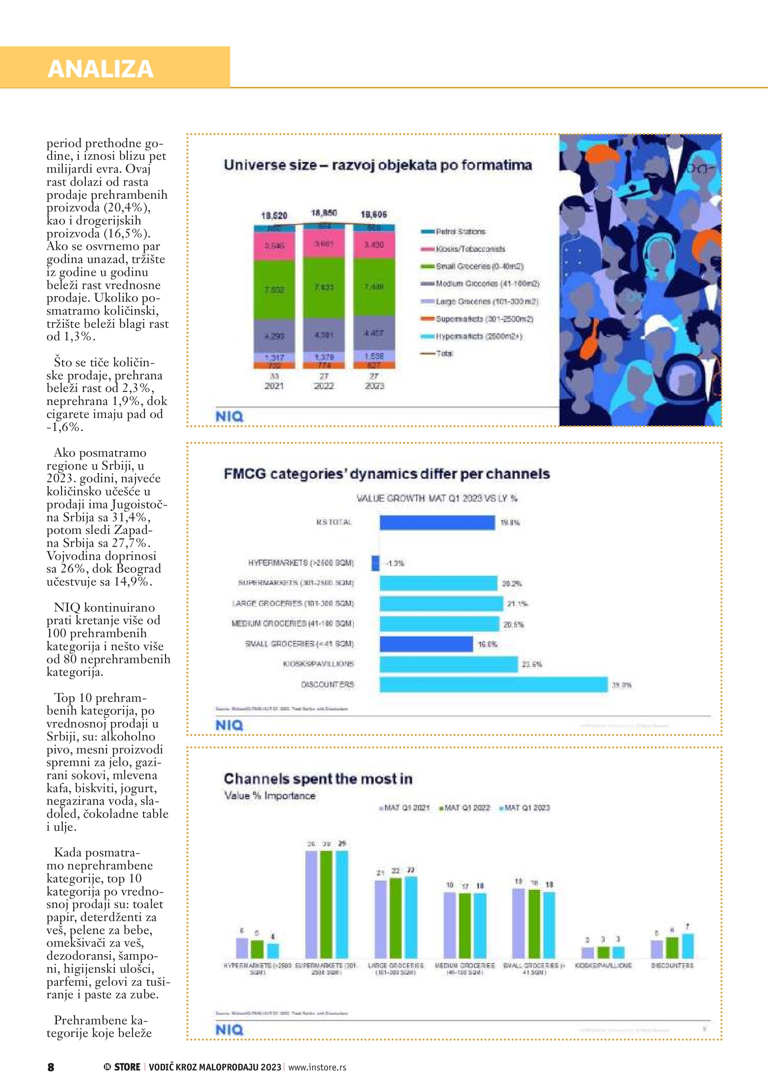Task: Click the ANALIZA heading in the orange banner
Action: (x=100, y=69)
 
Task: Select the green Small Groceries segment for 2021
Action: (x=274, y=289)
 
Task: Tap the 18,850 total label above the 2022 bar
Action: (x=324, y=213)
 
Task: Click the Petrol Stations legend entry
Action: (x=460, y=232)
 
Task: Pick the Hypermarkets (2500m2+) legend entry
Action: (x=478, y=336)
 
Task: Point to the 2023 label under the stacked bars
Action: (x=374, y=386)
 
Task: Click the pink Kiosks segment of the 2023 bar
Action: (x=374, y=245)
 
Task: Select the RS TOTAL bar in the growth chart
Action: (x=437, y=522)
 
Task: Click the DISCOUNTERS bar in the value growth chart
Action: (x=493, y=684)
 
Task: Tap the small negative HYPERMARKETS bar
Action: (x=376, y=563)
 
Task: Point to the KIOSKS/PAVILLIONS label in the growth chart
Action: (x=318, y=664)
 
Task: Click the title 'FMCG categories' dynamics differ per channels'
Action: (x=386, y=474)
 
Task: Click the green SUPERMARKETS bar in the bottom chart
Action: (x=326, y=904)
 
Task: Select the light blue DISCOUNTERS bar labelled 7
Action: (x=688, y=946)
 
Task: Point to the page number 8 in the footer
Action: (x=51, y=1067)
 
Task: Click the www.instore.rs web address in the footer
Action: (x=317, y=1067)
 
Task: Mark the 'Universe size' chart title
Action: (x=377, y=165)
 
